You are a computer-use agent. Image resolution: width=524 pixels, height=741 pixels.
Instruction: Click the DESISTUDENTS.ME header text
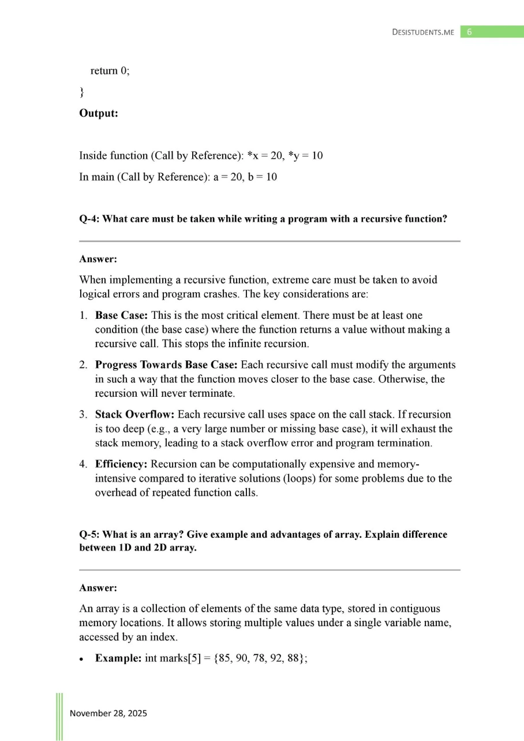423,32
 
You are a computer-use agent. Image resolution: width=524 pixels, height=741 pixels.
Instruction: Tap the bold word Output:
98,113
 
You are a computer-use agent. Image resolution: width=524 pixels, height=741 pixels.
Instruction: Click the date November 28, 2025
108,713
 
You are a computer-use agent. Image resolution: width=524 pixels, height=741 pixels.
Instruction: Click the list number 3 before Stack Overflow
83,415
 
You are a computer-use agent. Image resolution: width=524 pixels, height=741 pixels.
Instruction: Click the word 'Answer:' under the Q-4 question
98,259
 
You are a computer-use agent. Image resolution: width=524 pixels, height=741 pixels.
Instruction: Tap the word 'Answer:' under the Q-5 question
98,588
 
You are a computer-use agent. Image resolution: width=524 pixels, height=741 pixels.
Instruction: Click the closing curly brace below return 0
81,92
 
